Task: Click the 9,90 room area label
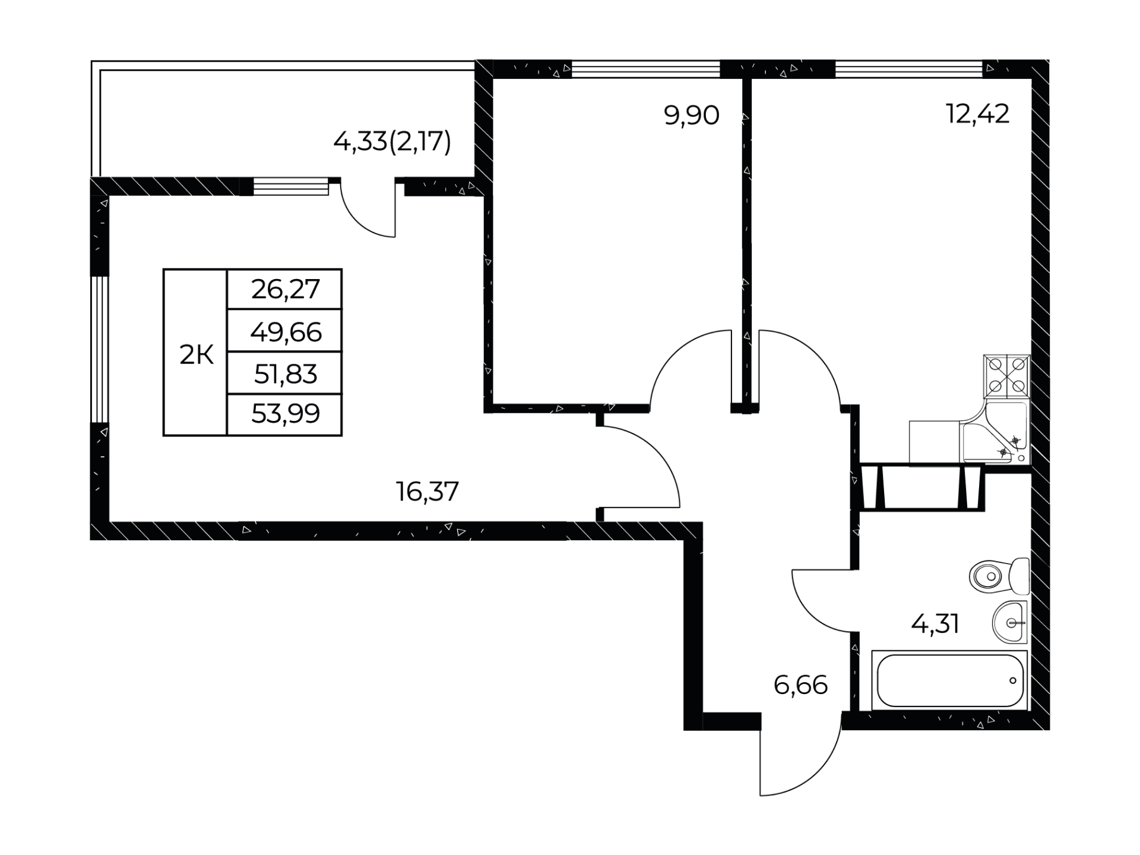pyautogui.click(x=691, y=115)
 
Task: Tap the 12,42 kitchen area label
pyautogui.click(x=977, y=114)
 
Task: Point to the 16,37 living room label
pyautogui.click(x=427, y=492)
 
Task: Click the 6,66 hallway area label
pyautogui.click(x=800, y=685)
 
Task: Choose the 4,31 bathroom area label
pyautogui.click(x=935, y=624)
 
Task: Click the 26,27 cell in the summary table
pyautogui.click(x=286, y=289)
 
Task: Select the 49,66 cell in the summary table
pyautogui.click(x=286, y=332)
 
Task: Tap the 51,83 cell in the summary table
pyautogui.click(x=286, y=374)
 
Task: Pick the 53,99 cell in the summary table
pyautogui.click(x=286, y=413)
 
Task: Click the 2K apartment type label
pyautogui.click(x=197, y=356)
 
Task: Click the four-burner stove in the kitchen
pyautogui.click(x=1007, y=376)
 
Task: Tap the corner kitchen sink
pyautogui.click(x=995, y=432)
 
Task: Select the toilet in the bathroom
pyautogui.click(x=1000, y=576)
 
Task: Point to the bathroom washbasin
pyautogui.click(x=1010, y=622)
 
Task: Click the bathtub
pyautogui.click(x=949, y=680)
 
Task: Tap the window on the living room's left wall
pyautogui.click(x=100, y=349)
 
